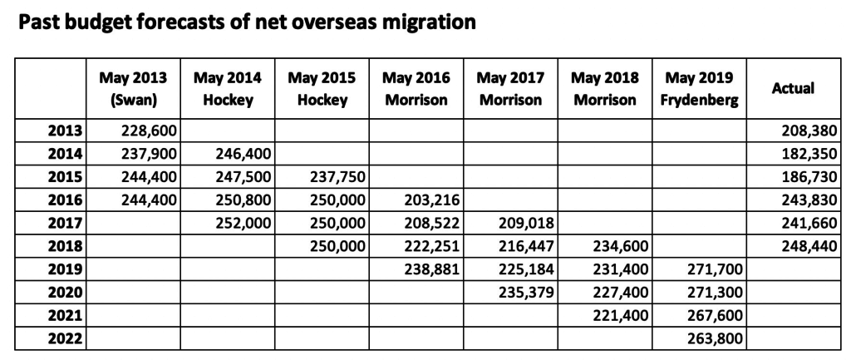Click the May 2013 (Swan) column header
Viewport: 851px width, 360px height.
click(x=133, y=88)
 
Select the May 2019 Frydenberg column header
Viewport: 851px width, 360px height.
click(x=700, y=88)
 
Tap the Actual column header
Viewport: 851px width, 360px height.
click(x=793, y=88)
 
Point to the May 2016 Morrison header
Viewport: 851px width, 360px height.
click(x=416, y=88)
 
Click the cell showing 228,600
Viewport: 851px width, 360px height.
click(x=140, y=130)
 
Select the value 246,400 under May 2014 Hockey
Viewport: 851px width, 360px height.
click(x=234, y=153)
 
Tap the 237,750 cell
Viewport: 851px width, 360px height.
click(x=329, y=176)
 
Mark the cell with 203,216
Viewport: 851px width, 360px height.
click(x=424, y=200)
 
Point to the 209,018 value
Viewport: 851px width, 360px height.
click(x=519, y=223)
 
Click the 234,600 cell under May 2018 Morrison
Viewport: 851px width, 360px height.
click(x=613, y=246)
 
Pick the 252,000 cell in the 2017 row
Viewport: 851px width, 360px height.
click(x=234, y=223)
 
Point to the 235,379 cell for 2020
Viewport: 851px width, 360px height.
click(x=519, y=293)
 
